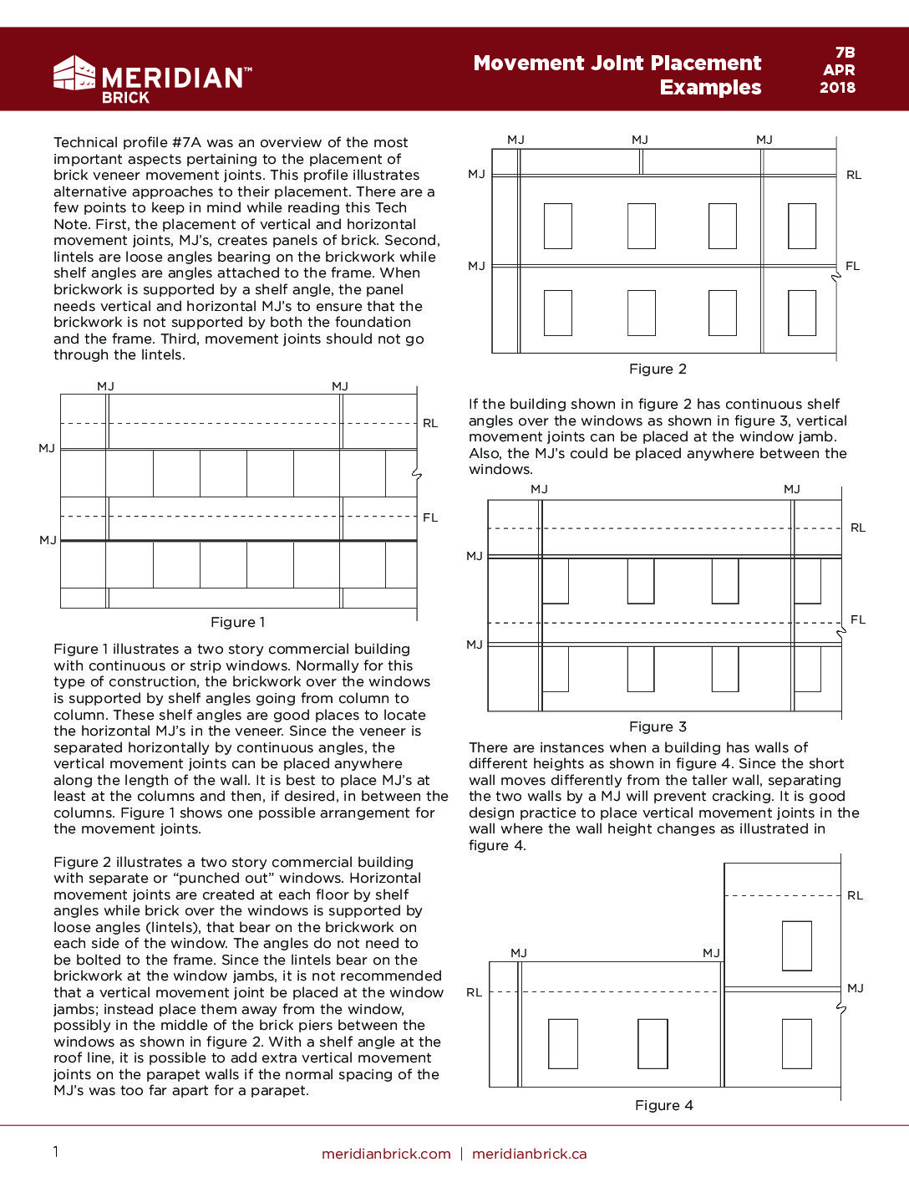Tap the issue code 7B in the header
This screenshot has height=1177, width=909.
[x=845, y=53]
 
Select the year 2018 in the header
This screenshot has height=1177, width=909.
[x=837, y=88]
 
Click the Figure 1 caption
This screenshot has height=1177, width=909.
[x=237, y=622]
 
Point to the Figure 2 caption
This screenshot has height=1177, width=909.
[x=658, y=369]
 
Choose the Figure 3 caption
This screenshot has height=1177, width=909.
[x=658, y=726]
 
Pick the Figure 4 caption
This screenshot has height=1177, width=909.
[x=663, y=1105]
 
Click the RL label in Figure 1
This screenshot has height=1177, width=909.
[x=430, y=423]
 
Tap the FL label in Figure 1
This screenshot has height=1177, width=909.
[x=430, y=517]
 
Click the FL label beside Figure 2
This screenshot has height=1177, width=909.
[x=852, y=266]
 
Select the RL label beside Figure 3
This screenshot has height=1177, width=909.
[x=858, y=527]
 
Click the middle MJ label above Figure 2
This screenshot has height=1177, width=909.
[x=640, y=140]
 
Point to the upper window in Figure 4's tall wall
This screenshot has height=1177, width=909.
[x=796, y=945]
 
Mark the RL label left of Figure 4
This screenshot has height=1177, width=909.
[x=474, y=992]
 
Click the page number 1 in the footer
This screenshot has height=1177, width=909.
[x=56, y=1152]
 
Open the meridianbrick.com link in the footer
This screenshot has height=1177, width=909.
[x=386, y=1154]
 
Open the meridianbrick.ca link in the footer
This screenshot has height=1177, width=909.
[x=529, y=1154]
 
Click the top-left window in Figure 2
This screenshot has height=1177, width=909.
[x=557, y=226]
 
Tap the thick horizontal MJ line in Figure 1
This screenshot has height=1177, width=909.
[x=238, y=541]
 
